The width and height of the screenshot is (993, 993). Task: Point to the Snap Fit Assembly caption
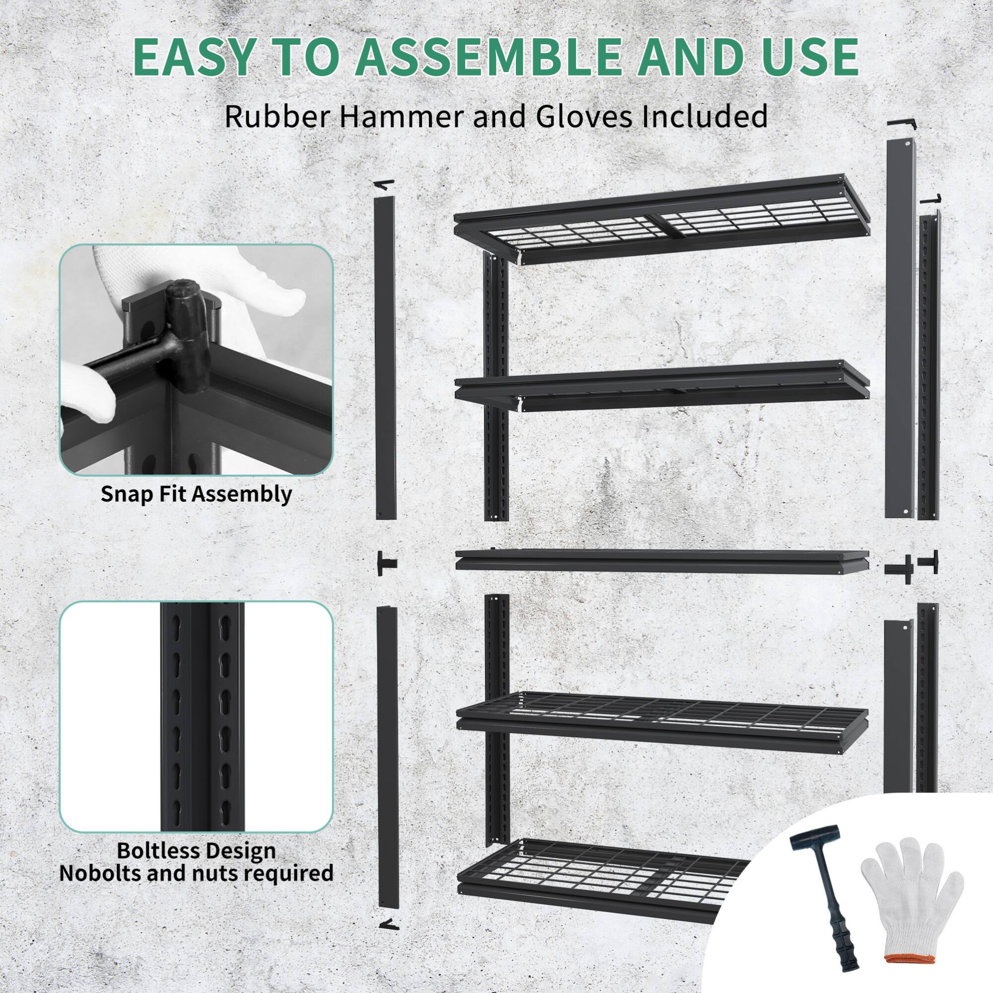[x=196, y=495]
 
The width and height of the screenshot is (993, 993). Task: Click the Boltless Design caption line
[x=196, y=851]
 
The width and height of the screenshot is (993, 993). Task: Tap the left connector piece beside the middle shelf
[x=386, y=564]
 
